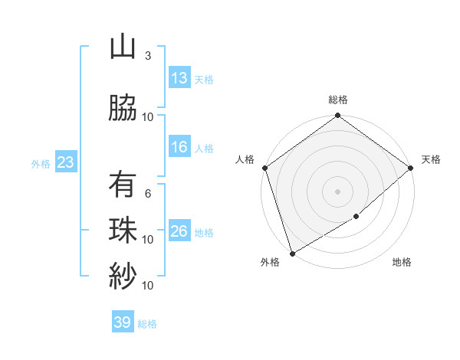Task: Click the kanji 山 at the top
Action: coord(122,47)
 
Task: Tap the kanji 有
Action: coord(122,185)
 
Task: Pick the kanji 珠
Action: coord(122,231)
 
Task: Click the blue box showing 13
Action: coord(179,78)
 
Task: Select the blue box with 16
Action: coord(179,147)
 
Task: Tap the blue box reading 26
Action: coord(179,231)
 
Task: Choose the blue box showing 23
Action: coord(64,162)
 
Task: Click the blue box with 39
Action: coord(123,322)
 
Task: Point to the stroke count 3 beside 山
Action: coord(148,56)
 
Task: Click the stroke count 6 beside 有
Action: coord(148,194)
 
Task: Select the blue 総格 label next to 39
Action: coord(147,323)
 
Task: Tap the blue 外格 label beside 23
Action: coord(40,163)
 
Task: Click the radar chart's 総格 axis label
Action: coord(338,100)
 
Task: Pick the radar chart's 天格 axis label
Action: coord(431,159)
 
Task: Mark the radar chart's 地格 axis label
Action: coord(402,262)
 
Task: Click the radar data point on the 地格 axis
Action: coord(356,217)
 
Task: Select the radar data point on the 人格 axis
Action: coord(264,168)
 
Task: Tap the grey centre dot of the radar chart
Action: coord(338,191)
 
